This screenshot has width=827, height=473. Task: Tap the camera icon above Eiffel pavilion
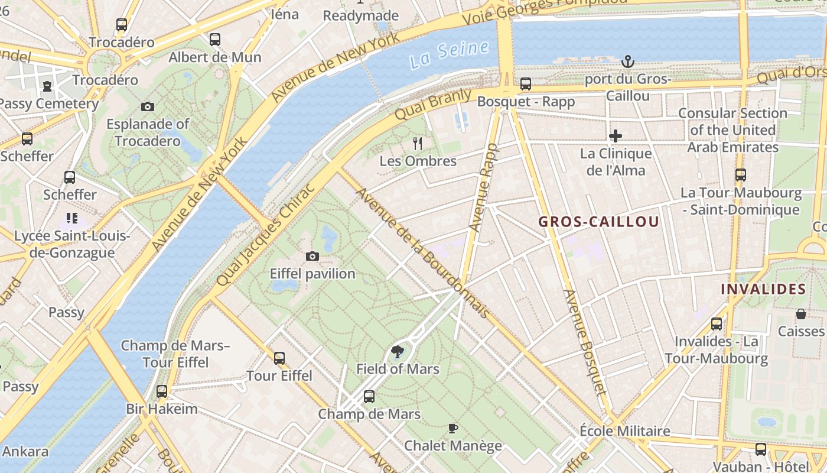pos(312,256)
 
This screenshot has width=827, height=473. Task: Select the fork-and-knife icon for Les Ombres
pos(418,143)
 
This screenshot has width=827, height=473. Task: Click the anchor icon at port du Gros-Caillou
pos(628,61)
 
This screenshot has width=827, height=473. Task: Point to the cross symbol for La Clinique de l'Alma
pos(616,136)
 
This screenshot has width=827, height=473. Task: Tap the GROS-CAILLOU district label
pos(598,222)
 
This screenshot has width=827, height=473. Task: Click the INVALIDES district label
pos(763,289)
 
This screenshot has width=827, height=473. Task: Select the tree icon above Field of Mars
pos(398,352)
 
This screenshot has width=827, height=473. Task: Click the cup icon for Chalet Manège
pos(453,428)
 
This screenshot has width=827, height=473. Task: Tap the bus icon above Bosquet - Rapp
pos(525,84)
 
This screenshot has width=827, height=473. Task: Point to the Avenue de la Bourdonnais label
pos(422,252)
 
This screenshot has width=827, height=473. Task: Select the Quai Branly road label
pos(432,105)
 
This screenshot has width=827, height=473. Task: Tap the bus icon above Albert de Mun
pos(215,40)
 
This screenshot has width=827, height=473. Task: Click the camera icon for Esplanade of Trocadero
pos(148,106)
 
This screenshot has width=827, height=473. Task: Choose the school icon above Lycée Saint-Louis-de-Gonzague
pos(72,218)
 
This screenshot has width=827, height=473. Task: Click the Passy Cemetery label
pos(48,104)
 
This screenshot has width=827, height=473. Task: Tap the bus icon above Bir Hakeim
pos(161,391)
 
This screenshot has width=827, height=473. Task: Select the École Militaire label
pos(625,431)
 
